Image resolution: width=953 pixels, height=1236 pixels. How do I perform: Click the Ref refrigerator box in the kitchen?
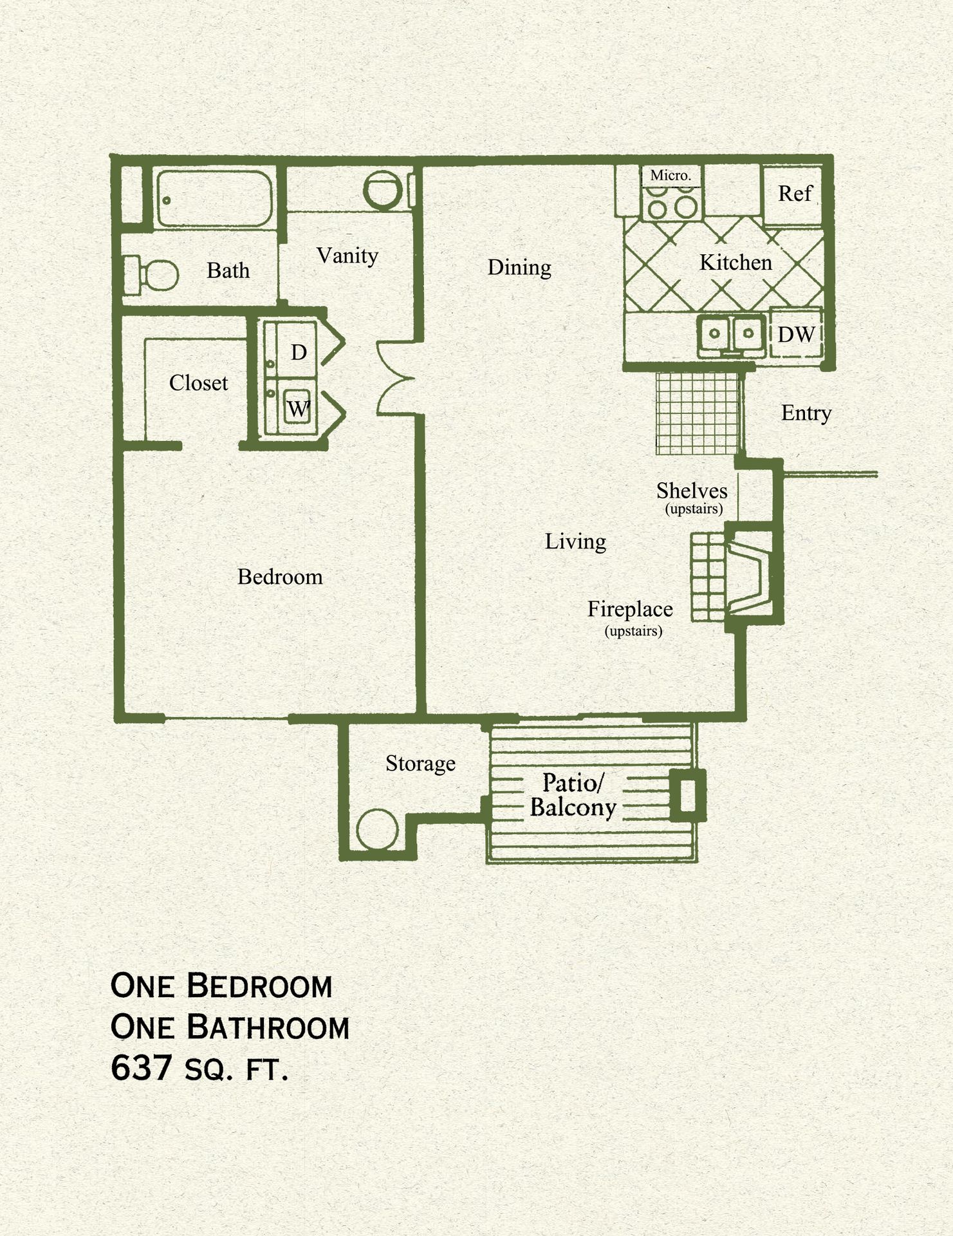pyautogui.click(x=793, y=194)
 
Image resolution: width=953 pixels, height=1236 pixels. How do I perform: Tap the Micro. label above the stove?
pyautogui.click(x=671, y=175)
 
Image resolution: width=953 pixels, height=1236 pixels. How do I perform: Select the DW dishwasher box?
pyautogui.click(x=796, y=335)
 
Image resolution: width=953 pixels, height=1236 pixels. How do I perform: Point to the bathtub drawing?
pyautogui.click(x=214, y=198)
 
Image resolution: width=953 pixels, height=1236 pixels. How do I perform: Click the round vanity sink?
pyautogui.click(x=383, y=190)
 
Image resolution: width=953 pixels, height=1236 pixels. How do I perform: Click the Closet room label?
pyautogui.click(x=198, y=383)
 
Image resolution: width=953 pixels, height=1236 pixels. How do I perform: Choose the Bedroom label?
pyautogui.click(x=280, y=577)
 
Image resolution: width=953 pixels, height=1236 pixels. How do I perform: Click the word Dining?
pyautogui.click(x=519, y=267)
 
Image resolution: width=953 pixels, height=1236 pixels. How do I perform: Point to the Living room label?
pyautogui.click(x=575, y=541)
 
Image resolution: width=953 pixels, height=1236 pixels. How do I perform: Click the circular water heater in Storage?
pyautogui.click(x=377, y=830)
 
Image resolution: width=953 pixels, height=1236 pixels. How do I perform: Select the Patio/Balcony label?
pyautogui.click(x=573, y=795)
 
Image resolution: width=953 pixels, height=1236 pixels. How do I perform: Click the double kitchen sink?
pyautogui.click(x=731, y=334)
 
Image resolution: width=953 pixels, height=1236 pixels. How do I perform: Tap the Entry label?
pyautogui.click(x=806, y=413)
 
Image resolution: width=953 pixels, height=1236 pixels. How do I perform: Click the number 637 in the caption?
pyautogui.click(x=140, y=1069)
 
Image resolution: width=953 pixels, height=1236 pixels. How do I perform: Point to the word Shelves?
pyautogui.click(x=692, y=491)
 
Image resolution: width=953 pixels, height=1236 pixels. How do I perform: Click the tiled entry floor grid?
pyautogui.click(x=697, y=413)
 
